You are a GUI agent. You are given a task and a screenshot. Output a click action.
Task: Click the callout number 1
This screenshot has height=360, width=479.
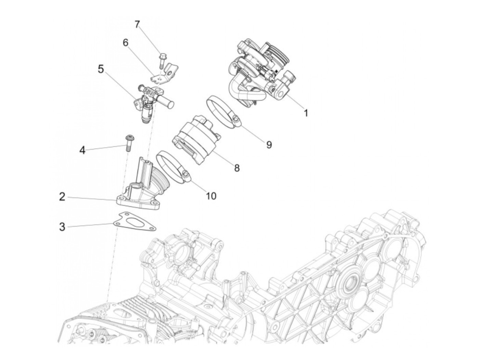pyautogui.click(x=306, y=113)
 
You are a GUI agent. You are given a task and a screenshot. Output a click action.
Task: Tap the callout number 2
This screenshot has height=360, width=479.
pyautogui.click(x=62, y=197)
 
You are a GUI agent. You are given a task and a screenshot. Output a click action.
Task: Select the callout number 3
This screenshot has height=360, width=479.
pyautogui.click(x=62, y=227)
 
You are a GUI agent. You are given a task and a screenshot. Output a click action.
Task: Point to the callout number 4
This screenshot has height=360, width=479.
pyautogui.click(x=82, y=150)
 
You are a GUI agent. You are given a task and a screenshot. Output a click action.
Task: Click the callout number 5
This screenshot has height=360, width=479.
pyautogui.click(x=101, y=69)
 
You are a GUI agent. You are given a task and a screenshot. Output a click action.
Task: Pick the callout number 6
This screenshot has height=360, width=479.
pyautogui.click(x=126, y=43)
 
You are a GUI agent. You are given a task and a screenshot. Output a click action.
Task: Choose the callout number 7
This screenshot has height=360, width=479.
pyautogui.click(x=137, y=25)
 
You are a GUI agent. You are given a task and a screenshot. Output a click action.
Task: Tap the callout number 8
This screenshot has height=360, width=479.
pyautogui.click(x=237, y=168)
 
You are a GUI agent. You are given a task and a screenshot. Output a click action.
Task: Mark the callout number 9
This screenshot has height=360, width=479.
pyautogui.click(x=269, y=145)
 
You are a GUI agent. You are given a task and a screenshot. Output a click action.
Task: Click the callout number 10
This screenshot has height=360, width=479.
pyautogui.click(x=211, y=196)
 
